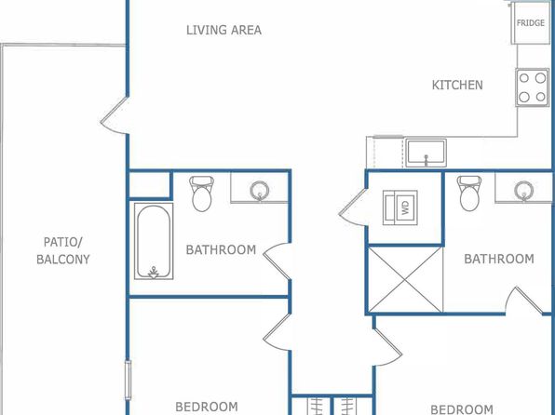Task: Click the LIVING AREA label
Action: (x=223, y=30)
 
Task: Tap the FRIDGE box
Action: (x=530, y=24)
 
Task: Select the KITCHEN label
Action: (x=457, y=85)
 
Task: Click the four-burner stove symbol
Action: (x=532, y=87)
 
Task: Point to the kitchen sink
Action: (x=426, y=153)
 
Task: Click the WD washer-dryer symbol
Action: (x=400, y=207)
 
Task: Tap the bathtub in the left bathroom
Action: (x=154, y=241)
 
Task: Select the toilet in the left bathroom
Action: (x=202, y=194)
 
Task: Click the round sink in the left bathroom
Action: (x=260, y=191)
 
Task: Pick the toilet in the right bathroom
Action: (x=469, y=194)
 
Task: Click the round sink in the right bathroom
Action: (x=524, y=191)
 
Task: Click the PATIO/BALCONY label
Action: (x=63, y=251)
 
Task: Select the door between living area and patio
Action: (x=114, y=115)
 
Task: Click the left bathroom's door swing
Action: (x=277, y=261)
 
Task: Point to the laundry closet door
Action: (x=353, y=207)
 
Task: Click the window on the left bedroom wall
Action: (x=128, y=380)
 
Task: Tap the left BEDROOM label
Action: (x=207, y=407)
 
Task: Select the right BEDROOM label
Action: (x=462, y=409)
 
